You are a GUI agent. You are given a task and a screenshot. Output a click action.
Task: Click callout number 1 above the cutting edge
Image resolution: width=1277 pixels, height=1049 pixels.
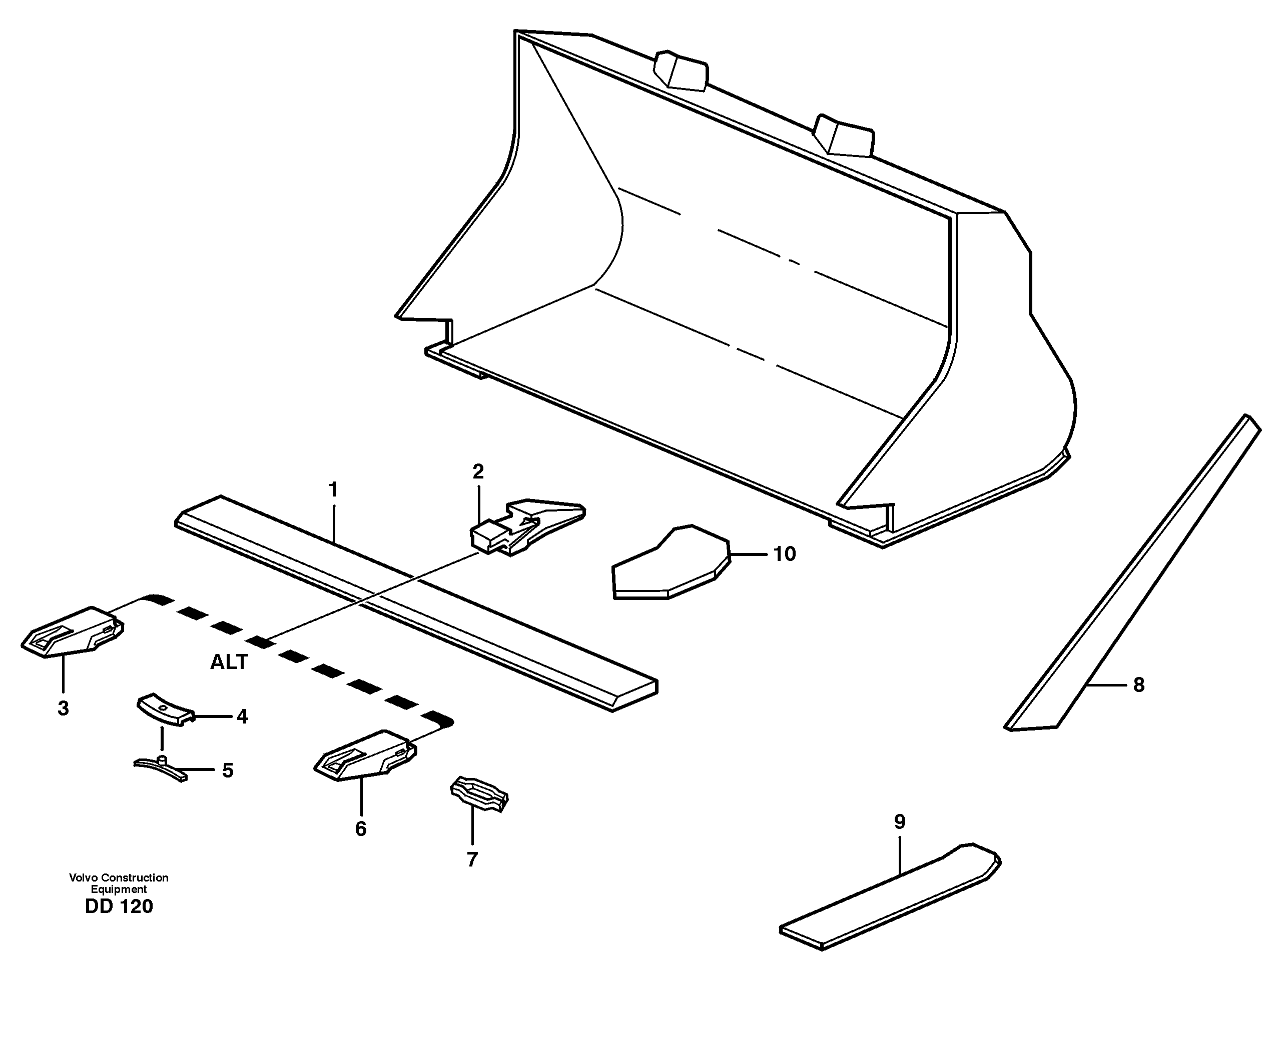tap(333, 489)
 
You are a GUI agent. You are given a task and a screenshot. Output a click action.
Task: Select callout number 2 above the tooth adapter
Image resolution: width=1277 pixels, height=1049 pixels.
tap(478, 472)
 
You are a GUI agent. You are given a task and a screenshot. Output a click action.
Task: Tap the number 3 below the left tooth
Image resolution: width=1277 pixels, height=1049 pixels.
tap(63, 708)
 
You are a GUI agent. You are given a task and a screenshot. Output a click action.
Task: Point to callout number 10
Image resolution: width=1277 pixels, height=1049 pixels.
tap(784, 553)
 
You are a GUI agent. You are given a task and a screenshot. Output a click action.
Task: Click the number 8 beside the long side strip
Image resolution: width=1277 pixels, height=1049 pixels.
tap(1138, 684)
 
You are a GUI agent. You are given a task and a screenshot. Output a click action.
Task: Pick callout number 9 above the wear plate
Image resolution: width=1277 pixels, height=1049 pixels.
tap(899, 822)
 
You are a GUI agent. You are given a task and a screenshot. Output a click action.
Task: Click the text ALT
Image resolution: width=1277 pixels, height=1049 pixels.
tap(229, 662)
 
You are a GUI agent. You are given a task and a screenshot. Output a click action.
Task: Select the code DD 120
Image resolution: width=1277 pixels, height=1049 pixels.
tap(119, 906)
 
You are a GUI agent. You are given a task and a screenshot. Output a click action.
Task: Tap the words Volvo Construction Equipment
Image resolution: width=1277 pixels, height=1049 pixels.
tap(119, 883)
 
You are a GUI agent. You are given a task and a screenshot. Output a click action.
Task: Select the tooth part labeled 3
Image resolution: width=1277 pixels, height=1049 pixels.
tap(73, 631)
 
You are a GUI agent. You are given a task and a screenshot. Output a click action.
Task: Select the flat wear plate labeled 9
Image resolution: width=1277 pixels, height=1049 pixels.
tap(889, 898)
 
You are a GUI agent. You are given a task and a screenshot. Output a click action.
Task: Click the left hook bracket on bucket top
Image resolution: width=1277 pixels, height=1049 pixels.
tap(682, 70)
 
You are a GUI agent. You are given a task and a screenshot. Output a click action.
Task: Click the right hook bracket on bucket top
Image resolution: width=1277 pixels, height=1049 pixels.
tap(844, 135)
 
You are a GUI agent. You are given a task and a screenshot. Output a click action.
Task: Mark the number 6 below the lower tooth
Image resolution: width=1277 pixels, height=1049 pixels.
tap(360, 828)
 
